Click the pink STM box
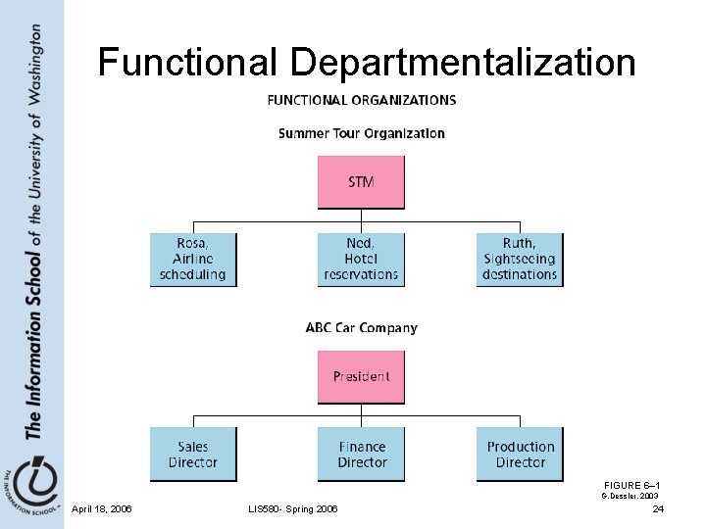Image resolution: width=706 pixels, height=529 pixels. (360, 182)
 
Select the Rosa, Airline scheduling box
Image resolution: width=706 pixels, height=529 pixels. (192, 260)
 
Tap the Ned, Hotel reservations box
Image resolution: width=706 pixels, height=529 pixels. (361, 260)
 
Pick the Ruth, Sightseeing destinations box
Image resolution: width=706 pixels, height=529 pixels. (520, 260)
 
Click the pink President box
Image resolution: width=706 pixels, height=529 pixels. (360, 376)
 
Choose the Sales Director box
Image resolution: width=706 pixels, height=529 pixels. (192, 454)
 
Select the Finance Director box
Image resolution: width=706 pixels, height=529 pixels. (361, 454)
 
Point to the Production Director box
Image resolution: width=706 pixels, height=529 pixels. (520, 454)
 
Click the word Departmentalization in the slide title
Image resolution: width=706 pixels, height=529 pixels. (462, 64)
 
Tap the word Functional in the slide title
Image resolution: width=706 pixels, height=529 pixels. (188, 64)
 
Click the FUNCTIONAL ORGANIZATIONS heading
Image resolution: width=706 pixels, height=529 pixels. (361, 100)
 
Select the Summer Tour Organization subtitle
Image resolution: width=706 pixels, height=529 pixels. (361, 133)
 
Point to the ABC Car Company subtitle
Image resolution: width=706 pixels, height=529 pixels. (361, 328)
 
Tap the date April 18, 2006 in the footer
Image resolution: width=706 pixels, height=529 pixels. (102, 508)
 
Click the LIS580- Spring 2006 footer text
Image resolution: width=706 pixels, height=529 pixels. (295, 508)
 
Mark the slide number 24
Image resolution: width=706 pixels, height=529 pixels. (658, 508)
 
